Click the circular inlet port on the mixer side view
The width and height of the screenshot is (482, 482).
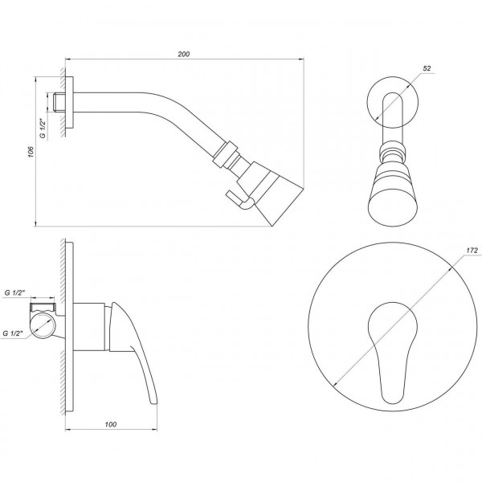click(x=43, y=328)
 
